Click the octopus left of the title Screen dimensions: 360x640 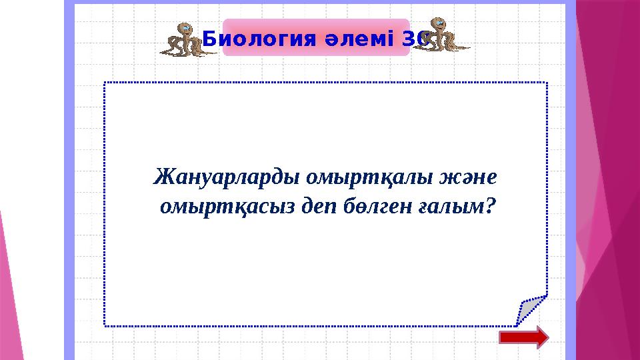point(183,39)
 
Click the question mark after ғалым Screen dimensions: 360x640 point(491,207)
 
